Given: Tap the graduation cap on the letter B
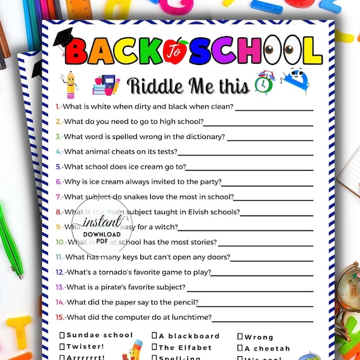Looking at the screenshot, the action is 63,37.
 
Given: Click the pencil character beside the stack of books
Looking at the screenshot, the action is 69,85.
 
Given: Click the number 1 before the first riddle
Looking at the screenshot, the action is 57,107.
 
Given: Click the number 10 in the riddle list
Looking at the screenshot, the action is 60,242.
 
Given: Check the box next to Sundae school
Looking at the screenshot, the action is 63,335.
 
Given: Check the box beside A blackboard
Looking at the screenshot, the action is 155,336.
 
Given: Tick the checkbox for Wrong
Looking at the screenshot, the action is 240,337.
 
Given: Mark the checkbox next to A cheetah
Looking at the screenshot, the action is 240,348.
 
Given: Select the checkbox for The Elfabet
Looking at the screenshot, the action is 155,347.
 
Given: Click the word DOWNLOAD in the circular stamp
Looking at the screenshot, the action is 101,234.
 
